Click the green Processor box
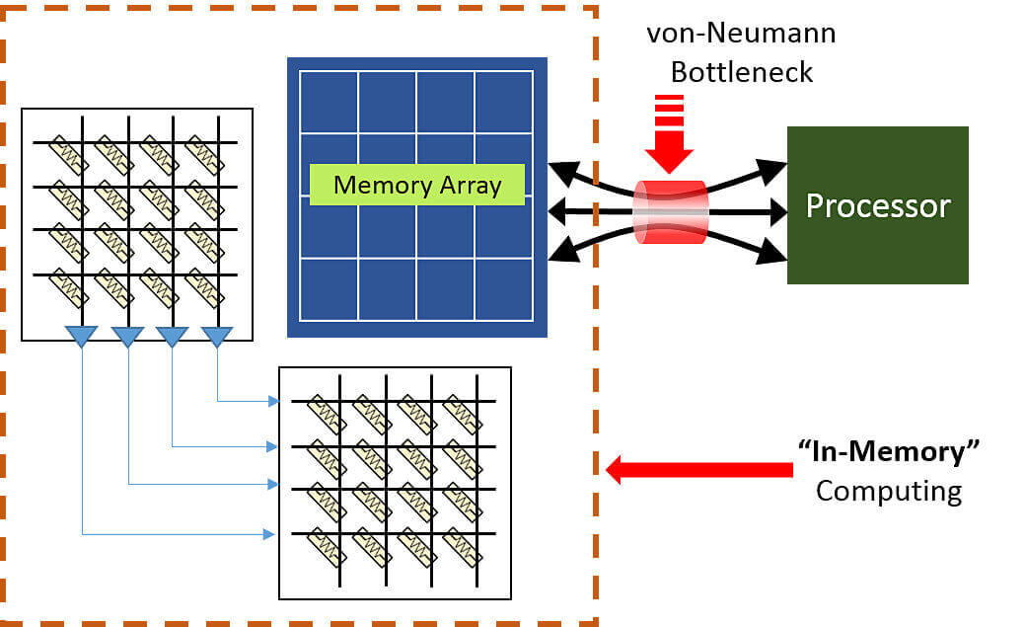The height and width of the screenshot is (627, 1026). tap(877, 205)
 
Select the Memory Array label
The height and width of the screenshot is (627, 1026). tap(416, 185)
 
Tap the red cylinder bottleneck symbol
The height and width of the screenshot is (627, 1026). tap(671, 211)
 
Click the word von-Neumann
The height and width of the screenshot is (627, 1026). tap(741, 34)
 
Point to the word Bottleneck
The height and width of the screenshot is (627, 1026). tap(741, 71)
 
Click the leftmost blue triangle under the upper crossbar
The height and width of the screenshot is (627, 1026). tap(81, 337)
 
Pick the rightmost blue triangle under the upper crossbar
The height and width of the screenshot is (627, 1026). tap(217, 337)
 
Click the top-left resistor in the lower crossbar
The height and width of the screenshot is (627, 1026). tap(326, 411)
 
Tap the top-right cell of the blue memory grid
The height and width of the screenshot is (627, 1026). tap(503, 102)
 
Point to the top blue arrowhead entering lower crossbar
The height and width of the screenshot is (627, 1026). tap(273, 401)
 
